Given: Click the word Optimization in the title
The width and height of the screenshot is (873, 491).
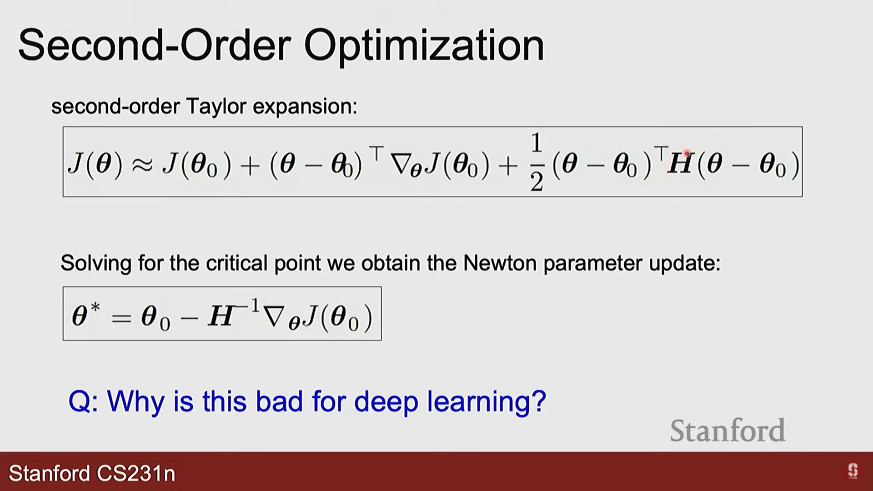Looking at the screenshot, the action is (424, 46).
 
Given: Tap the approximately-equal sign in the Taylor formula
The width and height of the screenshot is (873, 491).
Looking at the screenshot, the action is (142, 165).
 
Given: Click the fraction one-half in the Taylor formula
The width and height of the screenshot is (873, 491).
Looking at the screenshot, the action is (537, 163).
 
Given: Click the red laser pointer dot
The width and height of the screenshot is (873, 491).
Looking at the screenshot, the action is (687, 154).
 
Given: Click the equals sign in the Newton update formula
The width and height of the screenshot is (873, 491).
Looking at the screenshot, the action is (121, 318).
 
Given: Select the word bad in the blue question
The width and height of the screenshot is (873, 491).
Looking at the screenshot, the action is (279, 401).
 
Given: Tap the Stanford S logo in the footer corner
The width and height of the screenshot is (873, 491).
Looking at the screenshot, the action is (853, 471).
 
